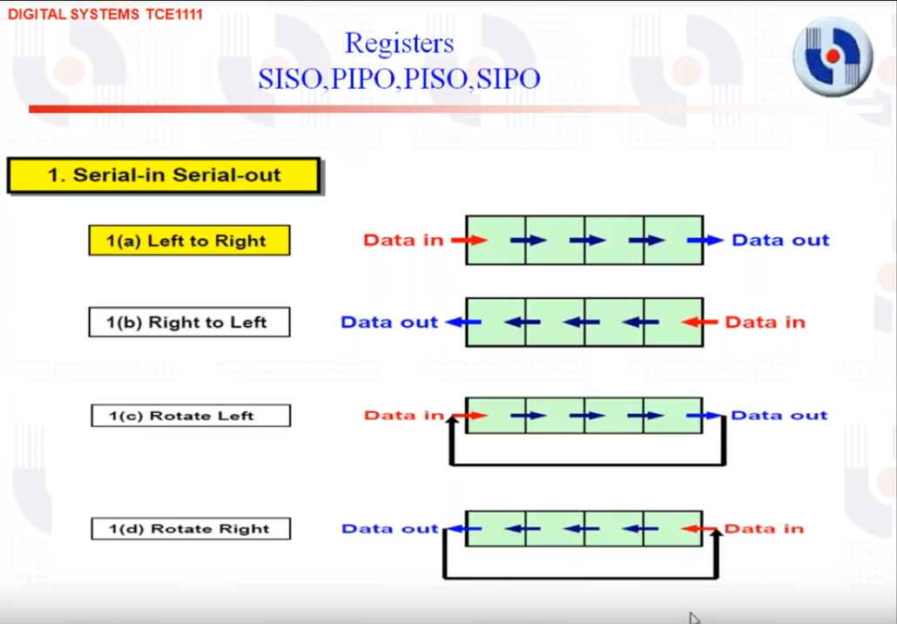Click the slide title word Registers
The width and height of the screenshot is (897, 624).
click(x=400, y=44)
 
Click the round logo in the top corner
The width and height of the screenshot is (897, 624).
click(x=833, y=56)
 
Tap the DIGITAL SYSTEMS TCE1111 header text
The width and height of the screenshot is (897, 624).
click(x=105, y=14)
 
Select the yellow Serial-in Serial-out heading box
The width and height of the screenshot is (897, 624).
click(x=164, y=175)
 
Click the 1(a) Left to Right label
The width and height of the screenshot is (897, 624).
click(x=189, y=241)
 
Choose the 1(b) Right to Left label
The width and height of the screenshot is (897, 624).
click(x=189, y=322)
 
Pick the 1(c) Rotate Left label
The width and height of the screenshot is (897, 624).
click(x=191, y=416)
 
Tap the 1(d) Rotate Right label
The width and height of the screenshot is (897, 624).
click(x=191, y=528)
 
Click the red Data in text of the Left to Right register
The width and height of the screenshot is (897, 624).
click(x=403, y=240)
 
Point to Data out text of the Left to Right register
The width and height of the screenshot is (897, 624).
click(x=780, y=240)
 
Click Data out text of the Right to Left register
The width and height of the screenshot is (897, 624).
click(x=389, y=322)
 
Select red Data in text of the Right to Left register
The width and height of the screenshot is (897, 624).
click(x=765, y=322)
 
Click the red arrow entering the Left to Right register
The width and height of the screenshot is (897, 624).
click(x=469, y=240)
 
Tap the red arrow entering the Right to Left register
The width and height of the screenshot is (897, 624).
click(x=699, y=322)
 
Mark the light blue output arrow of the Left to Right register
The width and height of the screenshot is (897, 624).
click(x=705, y=240)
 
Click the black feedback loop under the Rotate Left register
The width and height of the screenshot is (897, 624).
click(x=588, y=463)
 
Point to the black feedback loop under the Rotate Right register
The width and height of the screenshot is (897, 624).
click(x=580, y=576)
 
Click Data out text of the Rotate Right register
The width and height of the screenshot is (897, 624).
click(x=389, y=528)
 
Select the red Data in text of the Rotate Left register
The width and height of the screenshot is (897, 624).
click(x=404, y=415)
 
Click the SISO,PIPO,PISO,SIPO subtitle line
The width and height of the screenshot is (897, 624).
click(x=400, y=79)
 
